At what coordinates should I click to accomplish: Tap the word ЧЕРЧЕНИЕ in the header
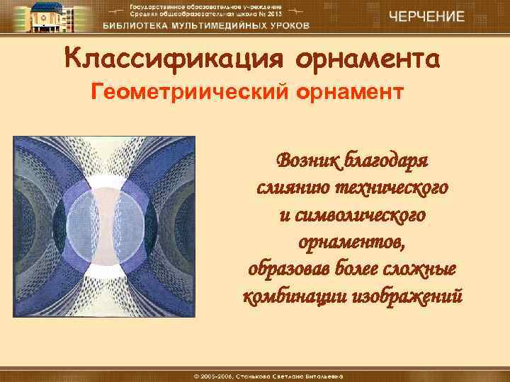point(426,16)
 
